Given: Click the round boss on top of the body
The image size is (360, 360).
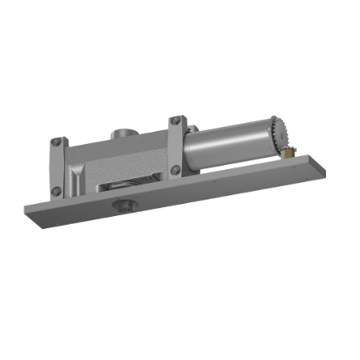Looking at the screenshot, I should pyautogui.click(x=121, y=136).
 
